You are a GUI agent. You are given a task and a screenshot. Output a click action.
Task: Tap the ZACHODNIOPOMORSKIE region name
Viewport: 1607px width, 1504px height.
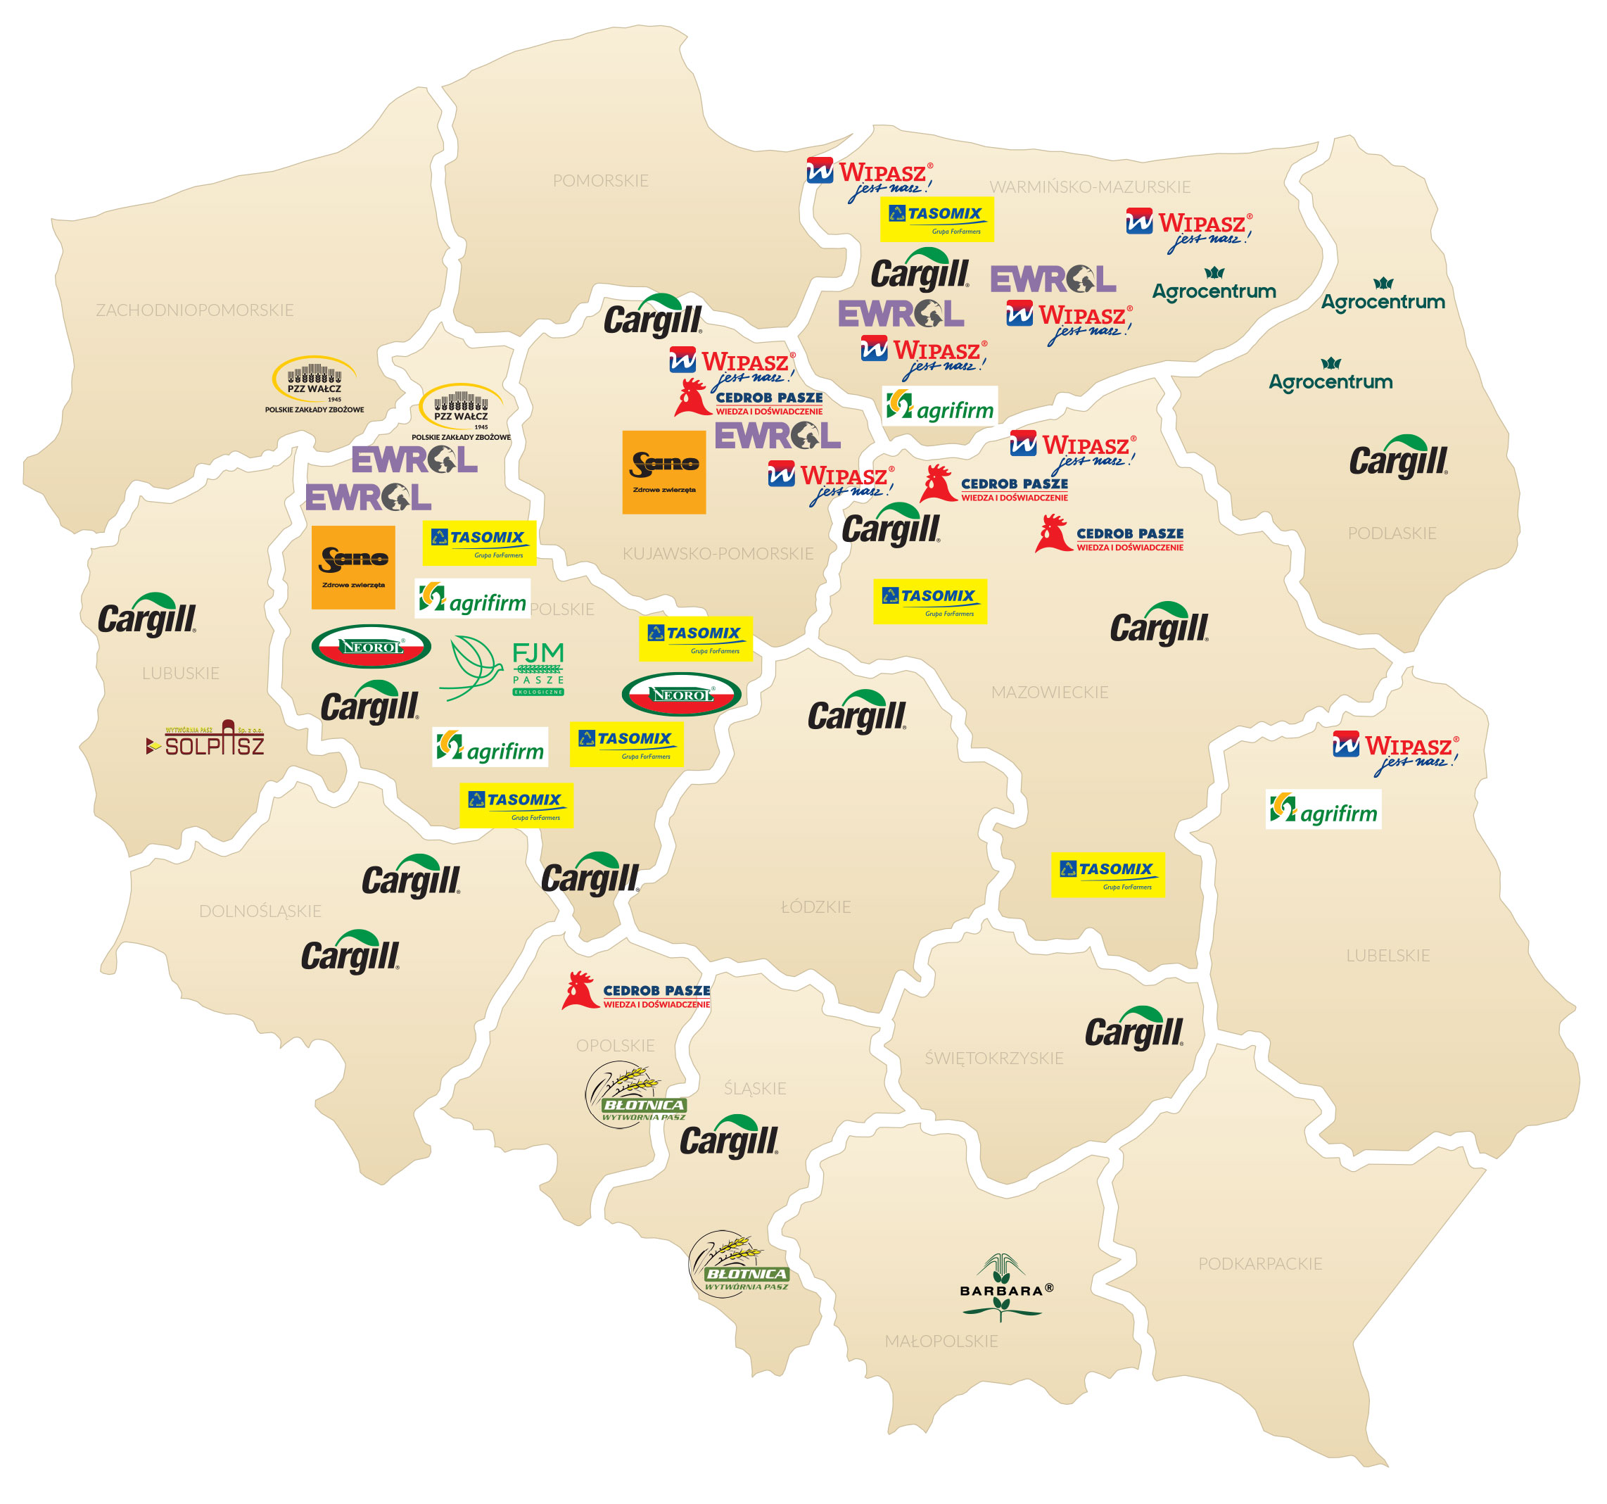coord(195,310)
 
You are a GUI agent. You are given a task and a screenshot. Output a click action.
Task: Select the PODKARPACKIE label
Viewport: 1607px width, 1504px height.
coord(1259,1263)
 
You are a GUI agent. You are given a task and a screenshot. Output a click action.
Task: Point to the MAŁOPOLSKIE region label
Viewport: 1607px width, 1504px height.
coord(941,1341)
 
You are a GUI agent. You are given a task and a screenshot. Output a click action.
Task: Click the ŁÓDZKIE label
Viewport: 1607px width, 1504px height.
coord(815,906)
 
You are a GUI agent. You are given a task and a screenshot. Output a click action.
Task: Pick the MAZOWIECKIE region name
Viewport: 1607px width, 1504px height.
coord(1049,692)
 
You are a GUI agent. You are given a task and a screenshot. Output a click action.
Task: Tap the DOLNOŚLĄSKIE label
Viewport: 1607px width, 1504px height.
coord(260,911)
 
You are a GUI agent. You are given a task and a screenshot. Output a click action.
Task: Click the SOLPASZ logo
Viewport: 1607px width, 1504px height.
coord(205,739)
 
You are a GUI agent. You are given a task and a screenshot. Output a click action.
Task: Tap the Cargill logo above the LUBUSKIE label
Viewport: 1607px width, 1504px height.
coord(147,616)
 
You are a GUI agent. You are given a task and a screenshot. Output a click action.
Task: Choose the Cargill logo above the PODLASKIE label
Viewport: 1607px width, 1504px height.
coord(1399,457)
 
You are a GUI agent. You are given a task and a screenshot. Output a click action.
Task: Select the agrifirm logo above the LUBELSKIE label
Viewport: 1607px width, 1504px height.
coord(1323,810)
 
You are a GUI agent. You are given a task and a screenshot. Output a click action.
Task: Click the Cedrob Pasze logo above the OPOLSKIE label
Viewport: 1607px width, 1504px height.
coord(636,992)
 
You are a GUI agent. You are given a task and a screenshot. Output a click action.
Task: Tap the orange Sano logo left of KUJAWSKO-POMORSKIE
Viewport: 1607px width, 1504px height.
coord(663,472)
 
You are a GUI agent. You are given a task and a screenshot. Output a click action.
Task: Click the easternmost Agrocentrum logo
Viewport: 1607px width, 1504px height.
coord(1383,296)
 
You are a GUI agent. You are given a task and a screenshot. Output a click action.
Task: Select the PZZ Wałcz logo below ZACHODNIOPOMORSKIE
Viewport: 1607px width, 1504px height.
coord(315,386)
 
